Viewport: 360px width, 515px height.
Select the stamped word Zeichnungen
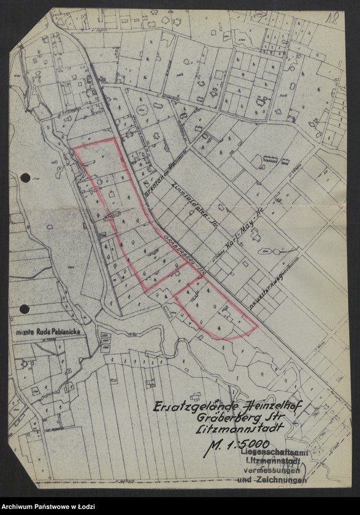pyautogui.click(x=282, y=480)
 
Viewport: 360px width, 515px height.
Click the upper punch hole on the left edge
pyautogui.click(x=25, y=178)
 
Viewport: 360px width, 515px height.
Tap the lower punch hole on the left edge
pyautogui.click(x=25, y=309)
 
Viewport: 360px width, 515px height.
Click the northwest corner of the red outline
pyautogui.click(x=74, y=148)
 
